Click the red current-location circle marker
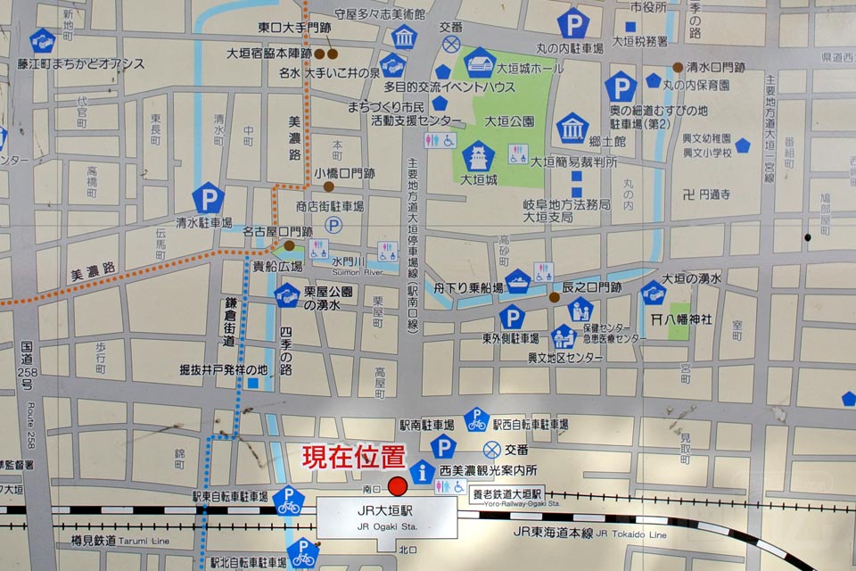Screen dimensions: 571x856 398,487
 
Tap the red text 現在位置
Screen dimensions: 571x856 354,457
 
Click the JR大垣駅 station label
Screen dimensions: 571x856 386,512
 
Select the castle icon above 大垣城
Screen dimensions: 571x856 479,157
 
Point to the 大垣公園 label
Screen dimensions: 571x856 510,121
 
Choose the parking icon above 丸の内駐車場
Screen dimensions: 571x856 572,22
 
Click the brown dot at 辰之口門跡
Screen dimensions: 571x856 554,297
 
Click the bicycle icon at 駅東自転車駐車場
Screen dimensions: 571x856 288,501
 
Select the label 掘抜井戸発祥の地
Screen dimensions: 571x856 222,368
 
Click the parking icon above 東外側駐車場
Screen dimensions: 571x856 511,318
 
